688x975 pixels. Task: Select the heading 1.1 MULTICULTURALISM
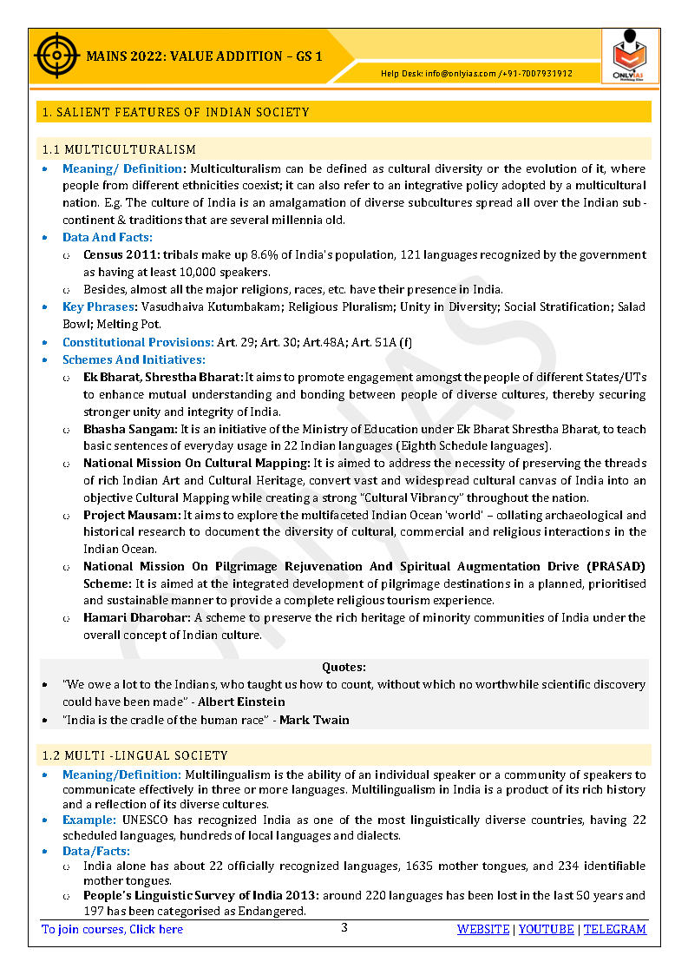119,150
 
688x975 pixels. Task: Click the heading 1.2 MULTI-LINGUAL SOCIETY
134,755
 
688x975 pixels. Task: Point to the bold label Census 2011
117,255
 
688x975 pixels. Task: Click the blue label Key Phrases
98,307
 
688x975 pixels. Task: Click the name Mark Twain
314,720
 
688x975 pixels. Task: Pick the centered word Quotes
344,667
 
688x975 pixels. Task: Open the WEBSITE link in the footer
483,929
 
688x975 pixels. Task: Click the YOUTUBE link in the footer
547,929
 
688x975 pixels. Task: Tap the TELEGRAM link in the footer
614,929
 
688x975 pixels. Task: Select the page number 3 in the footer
344,927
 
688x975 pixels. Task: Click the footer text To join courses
113,929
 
